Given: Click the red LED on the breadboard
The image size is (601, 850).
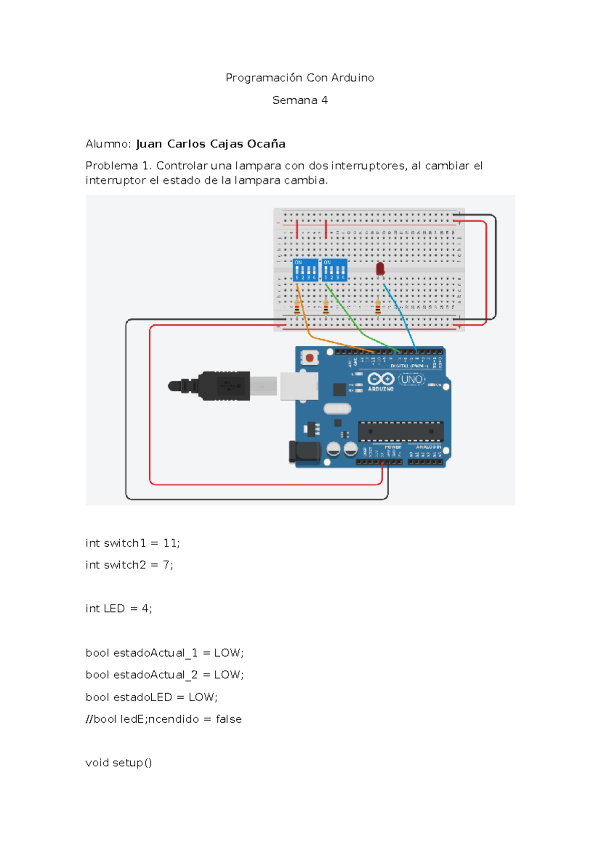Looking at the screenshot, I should [380, 269].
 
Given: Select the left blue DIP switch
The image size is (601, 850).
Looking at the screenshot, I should [305, 270].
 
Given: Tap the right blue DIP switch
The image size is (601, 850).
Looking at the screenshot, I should [335, 270].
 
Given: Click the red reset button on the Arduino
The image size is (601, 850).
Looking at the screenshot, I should [310, 358].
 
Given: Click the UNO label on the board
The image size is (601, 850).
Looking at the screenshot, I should [412, 379].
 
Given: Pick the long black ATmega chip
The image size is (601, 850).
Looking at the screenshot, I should [401, 431].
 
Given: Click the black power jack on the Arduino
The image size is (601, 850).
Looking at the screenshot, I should [305, 452].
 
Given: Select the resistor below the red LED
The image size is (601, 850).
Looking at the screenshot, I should [378, 307].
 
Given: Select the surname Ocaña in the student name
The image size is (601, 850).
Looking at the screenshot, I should [266, 144].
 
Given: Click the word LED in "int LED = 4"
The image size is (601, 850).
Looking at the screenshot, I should [114, 608].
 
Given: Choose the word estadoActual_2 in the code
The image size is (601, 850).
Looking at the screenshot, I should [155, 675].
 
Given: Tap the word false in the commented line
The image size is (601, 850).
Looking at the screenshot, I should [228, 719].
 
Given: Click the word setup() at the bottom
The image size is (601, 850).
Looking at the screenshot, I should [132, 762].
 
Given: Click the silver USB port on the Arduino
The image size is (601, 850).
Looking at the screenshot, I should [299, 386].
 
